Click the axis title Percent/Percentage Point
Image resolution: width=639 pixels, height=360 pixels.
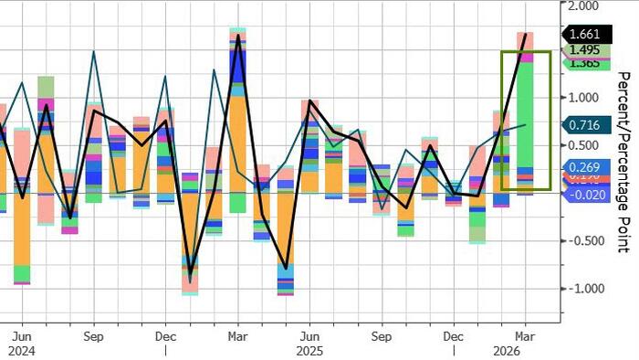point(623,161)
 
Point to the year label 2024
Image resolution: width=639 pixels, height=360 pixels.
point(22,350)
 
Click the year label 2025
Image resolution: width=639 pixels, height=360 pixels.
point(310,350)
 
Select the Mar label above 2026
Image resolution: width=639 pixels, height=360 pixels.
point(524,335)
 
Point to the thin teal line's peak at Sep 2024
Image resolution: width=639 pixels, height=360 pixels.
point(94,52)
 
